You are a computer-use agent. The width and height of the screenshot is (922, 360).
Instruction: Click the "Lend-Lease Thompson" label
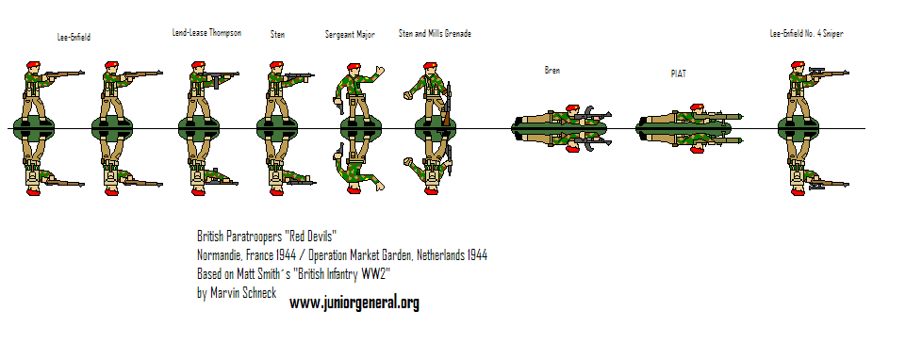(x=206, y=33)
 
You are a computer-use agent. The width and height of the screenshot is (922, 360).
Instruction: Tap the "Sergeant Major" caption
(x=350, y=34)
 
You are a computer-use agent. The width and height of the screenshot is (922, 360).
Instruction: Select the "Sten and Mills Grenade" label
(x=435, y=34)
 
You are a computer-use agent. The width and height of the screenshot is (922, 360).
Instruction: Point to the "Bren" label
(x=552, y=70)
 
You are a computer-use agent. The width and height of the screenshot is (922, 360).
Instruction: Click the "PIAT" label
(x=679, y=73)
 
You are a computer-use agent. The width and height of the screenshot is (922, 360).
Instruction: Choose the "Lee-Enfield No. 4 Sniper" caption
(x=806, y=34)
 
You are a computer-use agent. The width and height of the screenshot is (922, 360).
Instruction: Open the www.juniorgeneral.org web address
(x=354, y=303)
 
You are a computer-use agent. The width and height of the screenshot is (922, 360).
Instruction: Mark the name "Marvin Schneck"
(x=248, y=293)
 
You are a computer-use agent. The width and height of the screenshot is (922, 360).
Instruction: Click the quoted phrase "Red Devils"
(x=308, y=237)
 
